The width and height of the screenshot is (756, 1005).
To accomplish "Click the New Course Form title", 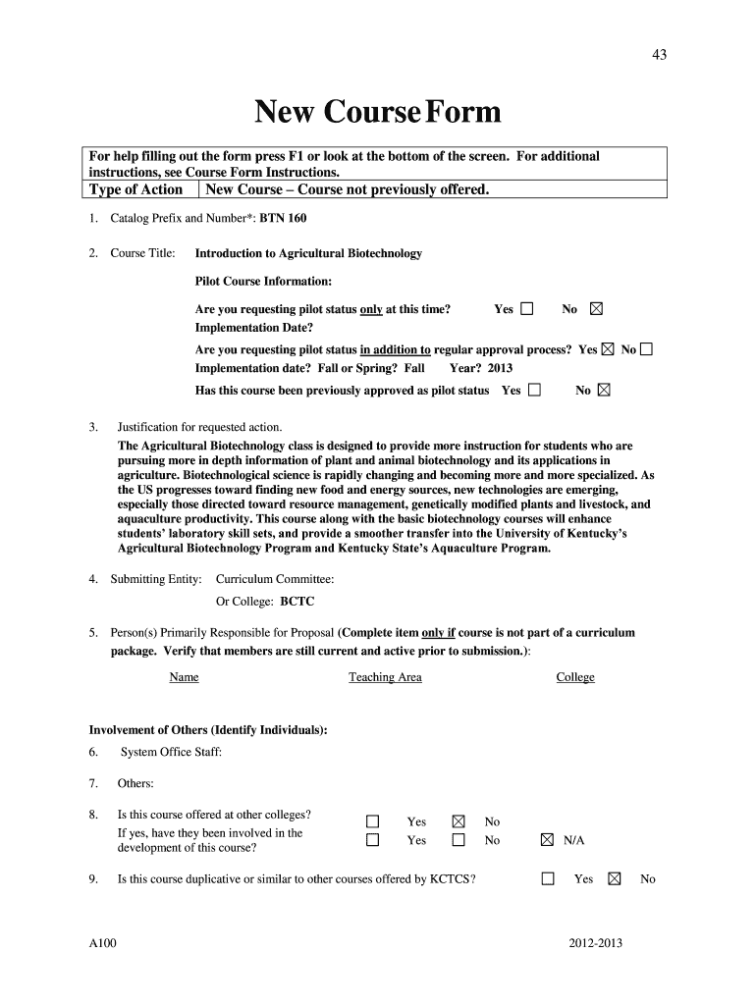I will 378,114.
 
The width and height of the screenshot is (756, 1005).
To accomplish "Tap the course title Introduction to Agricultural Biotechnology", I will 308,253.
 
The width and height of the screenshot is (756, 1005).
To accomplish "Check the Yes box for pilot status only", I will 527,309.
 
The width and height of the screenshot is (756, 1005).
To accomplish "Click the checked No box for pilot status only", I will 595,309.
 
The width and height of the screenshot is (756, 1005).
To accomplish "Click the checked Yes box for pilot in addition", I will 608,349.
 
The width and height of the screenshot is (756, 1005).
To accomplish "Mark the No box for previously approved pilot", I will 604,390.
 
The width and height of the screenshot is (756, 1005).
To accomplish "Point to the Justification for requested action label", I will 199,427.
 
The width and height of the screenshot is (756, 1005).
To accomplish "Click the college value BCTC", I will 297,602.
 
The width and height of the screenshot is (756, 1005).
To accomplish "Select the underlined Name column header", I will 184,677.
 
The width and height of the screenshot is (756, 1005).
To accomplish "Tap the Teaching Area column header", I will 385,677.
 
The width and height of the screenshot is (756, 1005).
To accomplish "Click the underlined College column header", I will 575,677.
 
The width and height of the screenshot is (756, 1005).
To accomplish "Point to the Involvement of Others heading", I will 208,730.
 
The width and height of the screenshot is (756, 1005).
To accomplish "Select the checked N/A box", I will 547,840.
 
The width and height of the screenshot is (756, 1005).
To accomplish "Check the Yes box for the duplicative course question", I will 548,879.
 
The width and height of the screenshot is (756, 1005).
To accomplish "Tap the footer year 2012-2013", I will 595,944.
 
